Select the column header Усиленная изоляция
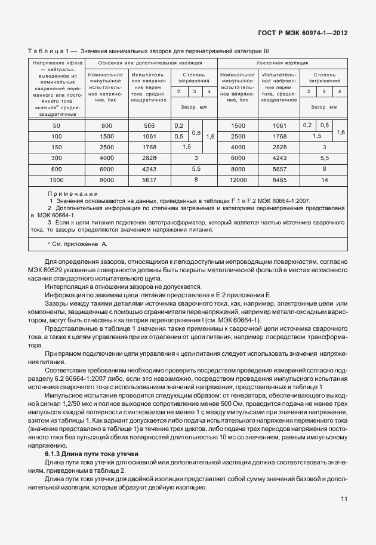point(282,63)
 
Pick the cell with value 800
point(106,125)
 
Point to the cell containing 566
point(149,125)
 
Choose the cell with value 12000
point(238,178)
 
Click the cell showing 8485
point(279,178)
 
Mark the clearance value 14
point(325,178)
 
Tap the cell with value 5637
point(149,178)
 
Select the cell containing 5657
point(279,168)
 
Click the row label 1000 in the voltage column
point(57,178)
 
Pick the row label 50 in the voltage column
point(57,125)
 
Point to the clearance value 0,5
point(178,136)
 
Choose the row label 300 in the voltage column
point(57,158)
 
